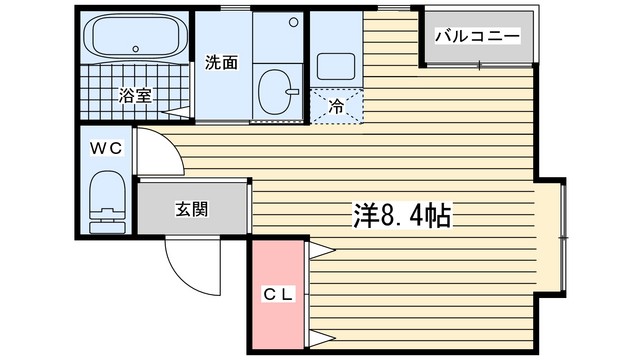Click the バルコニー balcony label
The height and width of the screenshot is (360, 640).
pos(477,36)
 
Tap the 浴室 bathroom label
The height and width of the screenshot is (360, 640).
pos(135,96)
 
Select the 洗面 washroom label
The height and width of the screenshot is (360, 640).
pos(221,62)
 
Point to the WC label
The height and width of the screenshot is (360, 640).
pos(106,148)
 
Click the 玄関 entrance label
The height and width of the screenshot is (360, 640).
pos(192,209)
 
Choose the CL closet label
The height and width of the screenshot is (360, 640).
pos(278,294)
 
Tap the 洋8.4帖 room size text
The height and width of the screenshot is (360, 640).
pos(402,216)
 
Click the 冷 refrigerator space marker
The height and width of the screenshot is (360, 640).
pos(336,107)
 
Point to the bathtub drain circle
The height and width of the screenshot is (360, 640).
pos(136,49)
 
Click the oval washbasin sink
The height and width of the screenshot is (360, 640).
pos(275,92)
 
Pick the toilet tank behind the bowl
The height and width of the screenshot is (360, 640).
pos(107,226)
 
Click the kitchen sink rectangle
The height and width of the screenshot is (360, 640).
pos(336,66)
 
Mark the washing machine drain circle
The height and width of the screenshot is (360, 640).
pos(293,22)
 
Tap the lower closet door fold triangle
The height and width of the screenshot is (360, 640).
pos(322,338)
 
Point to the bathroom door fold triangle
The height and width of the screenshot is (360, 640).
pos(176,112)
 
